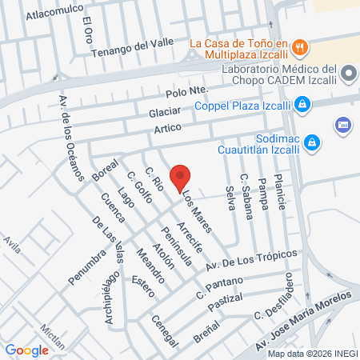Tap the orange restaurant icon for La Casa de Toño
pos(299,46)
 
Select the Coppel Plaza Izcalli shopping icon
pos(302,103)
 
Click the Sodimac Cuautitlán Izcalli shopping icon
pos(314,143)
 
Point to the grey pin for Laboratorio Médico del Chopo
pos(348,74)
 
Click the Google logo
pos(27,350)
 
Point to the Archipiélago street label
pos(111,298)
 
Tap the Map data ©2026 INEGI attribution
pos(310,354)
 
